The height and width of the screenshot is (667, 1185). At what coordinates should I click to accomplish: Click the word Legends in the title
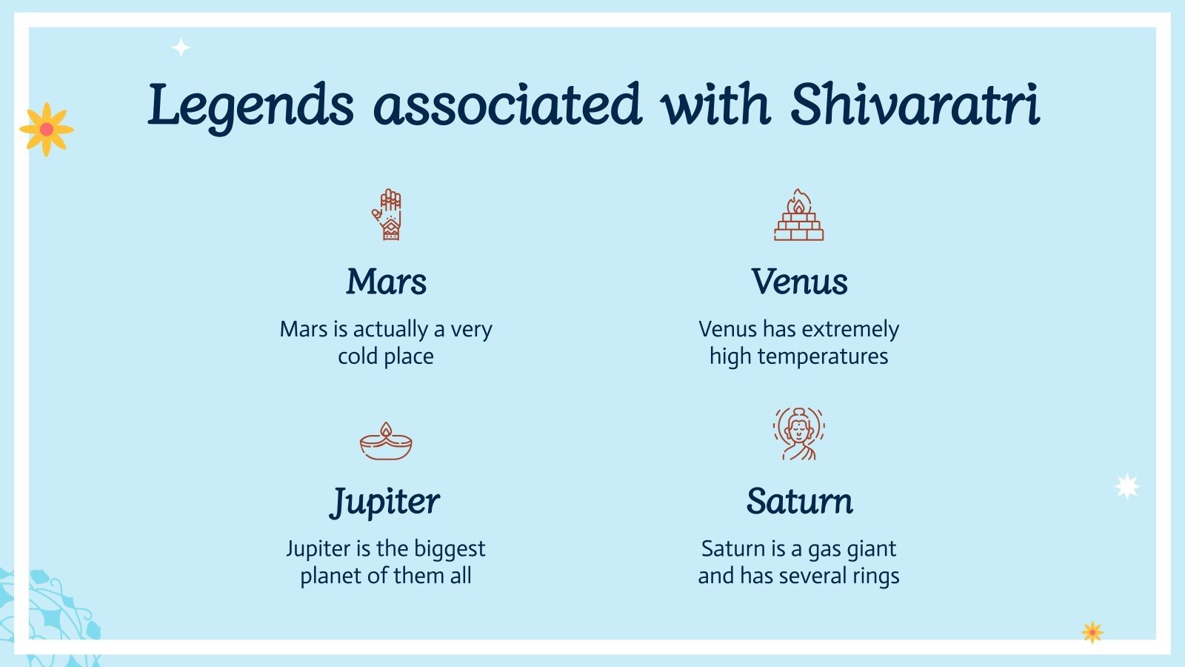pos(250,105)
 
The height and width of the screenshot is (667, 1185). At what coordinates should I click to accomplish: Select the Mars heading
pos(386,282)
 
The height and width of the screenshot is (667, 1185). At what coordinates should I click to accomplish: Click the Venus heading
pos(798,282)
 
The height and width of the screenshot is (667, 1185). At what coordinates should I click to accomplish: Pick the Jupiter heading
pos(384,502)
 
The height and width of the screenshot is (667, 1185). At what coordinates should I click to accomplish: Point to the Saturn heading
pos(799,501)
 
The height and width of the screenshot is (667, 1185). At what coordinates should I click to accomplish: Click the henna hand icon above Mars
pos(387,215)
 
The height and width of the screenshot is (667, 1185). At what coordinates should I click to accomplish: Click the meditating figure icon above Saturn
pos(798,434)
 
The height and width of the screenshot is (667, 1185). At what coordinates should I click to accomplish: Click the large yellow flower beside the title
pos(47,129)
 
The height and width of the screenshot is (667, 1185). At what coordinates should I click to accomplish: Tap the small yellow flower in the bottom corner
pos(1092,632)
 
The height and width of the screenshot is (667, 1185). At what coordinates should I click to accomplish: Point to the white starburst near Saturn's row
pos(1127,486)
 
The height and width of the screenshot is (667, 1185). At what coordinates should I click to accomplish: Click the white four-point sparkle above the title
pos(181,48)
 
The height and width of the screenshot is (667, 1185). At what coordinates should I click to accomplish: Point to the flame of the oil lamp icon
pos(386,429)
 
